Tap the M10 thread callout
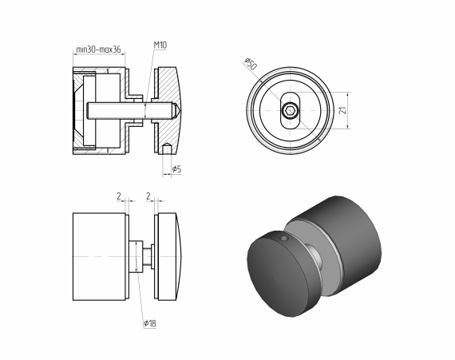click(x=160, y=46)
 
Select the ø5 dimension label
click(x=176, y=168)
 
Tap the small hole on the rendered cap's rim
click(x=283, y=238)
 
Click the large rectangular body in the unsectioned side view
click(x=100, y=255)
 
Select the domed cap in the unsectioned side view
click(x=170, y=255)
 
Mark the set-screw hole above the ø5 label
click(x=166, y=148)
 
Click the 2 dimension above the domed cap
click(x=148, y=194)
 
